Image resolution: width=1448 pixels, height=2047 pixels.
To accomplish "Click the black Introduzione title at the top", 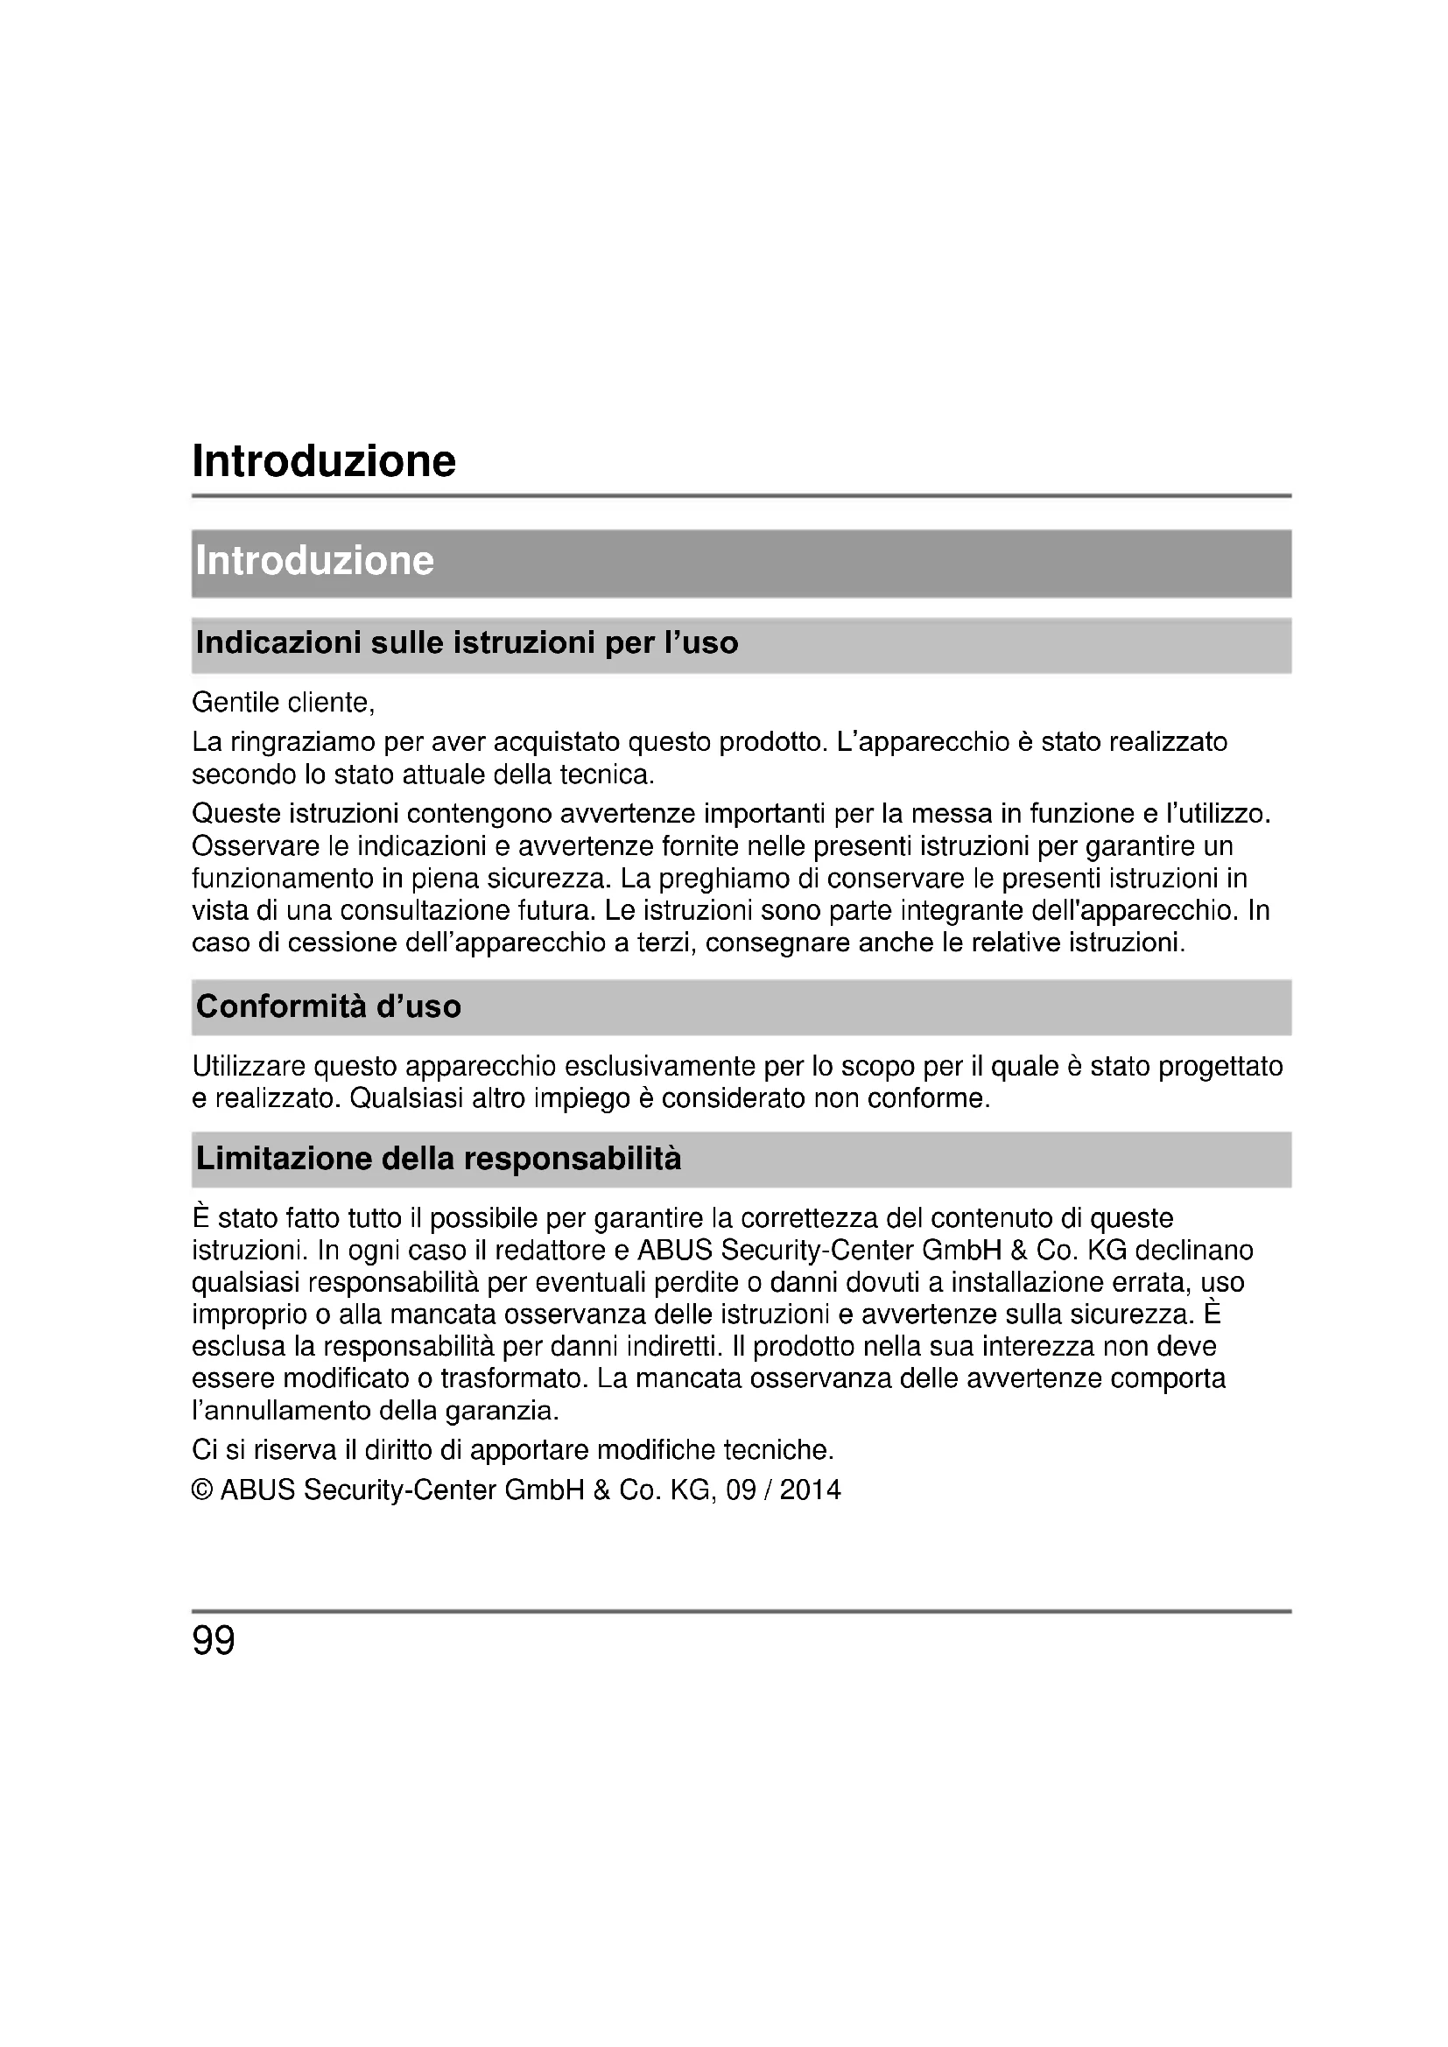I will click(x=324, y=462).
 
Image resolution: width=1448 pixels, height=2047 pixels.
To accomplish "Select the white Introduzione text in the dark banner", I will click(x=315, y=561).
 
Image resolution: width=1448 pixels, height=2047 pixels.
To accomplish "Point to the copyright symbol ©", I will click(x=202, y=1490).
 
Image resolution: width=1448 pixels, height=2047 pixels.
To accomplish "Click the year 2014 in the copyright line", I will click(x=810, y=1490).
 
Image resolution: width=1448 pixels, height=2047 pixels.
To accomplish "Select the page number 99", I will click(x=213, y=1641).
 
